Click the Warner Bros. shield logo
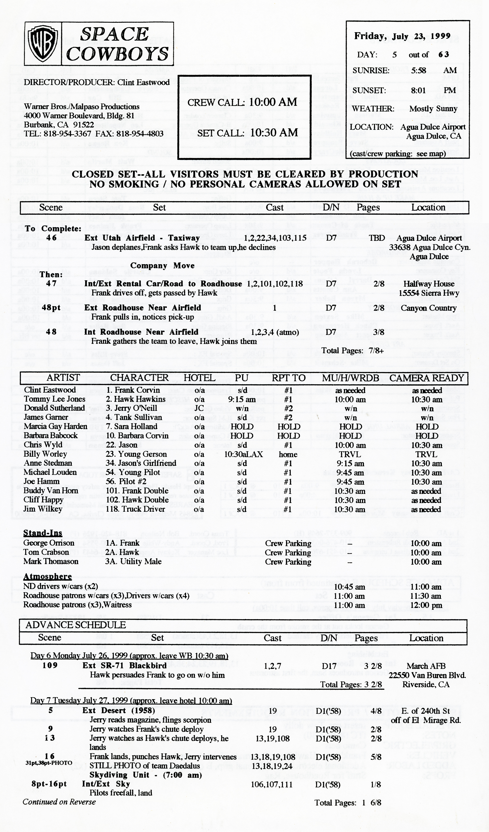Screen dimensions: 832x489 pyautogui.click(x=43, y=43)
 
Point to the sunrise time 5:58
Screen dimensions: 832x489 pyautogui.click(x=418, y=70)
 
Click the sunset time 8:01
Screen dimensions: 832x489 pyautogui.click(x=418, y=90)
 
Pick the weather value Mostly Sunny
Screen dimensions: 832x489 pyautogui.click(x=433, y=109)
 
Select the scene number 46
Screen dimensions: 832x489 pyautogui.click(x=52, y=238)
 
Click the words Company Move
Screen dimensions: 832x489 pyautogui.click(x=162, y=265)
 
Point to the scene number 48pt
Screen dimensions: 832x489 pyautogui.click(x=52, y=308)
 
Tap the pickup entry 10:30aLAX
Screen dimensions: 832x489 pyautogui.click(x=243, y=454)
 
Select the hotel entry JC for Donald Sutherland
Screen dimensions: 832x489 pyautogui.click(x=199, y=408)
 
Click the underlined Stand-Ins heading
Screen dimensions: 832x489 pyautogui.click(x=43, y=533)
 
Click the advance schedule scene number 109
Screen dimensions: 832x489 pyautogui.click(x=50, y=665)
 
